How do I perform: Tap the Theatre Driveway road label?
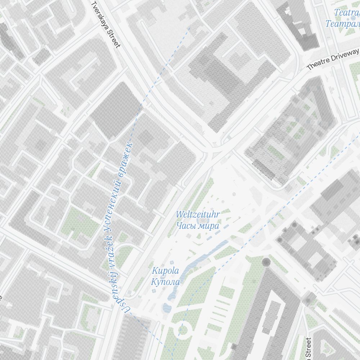[333, 59]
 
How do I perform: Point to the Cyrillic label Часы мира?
[198, 226]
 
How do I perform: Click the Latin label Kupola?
[165, 271]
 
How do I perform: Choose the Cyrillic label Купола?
[165, 282]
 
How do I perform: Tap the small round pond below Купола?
[167, 308]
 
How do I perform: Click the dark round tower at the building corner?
[266, 262]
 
